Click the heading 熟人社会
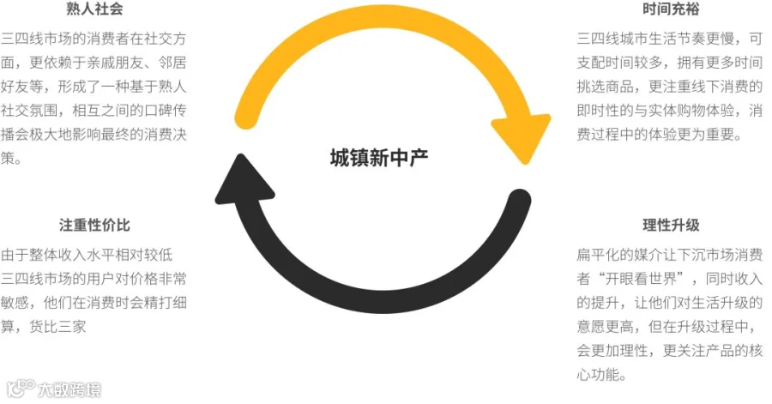pyautogui.click(x=94, y=9)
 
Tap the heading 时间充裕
pyautogui.click(x=671, y=9)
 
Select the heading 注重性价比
pyautogui.click(x=94, y=225)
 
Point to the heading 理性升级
pyautogui.click(x=671, y=225)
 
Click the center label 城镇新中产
pyautogui.click(x=379, y=158)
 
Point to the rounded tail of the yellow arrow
pyautogui.click(x=246, y=118)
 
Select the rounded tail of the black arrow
pyautogui.click(x=518, y=200)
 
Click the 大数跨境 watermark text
pyautogui.click(x=69, y=390)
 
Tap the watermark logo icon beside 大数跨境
pyautogui.click(x=21, y=389)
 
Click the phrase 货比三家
pyautogui.click(x=57, y=327)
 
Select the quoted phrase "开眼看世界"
pyautogui.click(x=641, y=279)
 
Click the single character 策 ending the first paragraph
pyautogui.click(x=8, y=159)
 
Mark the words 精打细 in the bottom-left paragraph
pyautogui.click(x=166, y=303)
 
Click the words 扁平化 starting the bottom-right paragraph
pyautogui.click(x=598, y=255)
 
